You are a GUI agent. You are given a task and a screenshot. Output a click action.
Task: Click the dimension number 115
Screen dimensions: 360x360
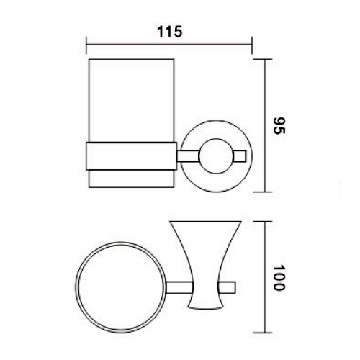click(169, 31)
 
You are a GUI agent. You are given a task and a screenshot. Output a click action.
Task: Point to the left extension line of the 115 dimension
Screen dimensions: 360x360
click(87, 47)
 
